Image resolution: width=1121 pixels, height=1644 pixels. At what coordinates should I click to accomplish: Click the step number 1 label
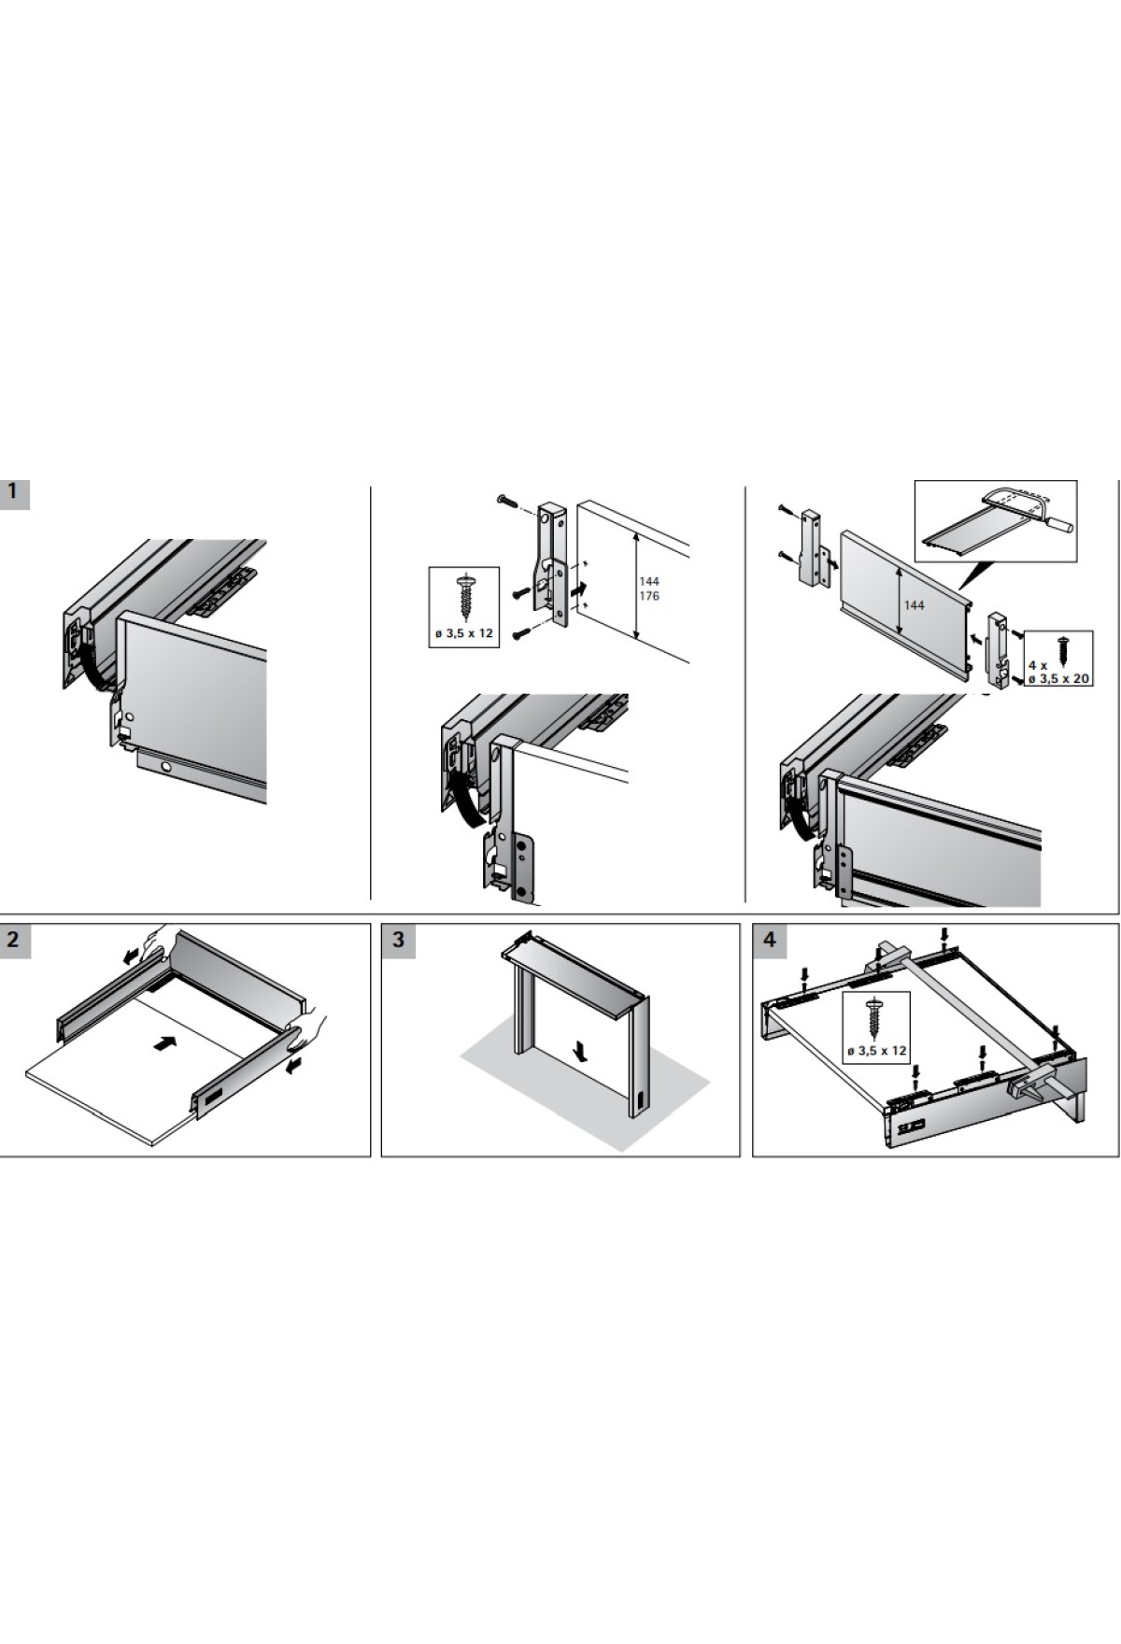pos(14,491)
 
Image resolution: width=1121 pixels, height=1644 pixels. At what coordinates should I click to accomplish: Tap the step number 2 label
pos(14,939)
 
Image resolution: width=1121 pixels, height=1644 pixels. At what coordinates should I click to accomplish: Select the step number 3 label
pos(399,939)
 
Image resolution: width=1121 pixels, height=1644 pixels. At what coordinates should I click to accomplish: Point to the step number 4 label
pos(770,939)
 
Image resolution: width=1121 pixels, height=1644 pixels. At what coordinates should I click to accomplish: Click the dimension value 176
pos(649,595)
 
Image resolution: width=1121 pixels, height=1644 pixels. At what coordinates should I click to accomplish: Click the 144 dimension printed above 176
pos(649,581)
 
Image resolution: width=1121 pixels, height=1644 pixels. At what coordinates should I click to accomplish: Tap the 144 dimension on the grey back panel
pos(914,605)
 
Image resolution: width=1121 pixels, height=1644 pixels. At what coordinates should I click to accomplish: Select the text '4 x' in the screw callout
pos(1038,665)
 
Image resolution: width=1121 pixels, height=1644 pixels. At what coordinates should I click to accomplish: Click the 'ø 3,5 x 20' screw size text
pos(1058,679)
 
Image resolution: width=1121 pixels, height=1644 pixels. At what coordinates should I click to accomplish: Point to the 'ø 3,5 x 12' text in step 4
pos(876,1051)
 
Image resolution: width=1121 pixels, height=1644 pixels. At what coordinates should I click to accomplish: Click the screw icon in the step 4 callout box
pos(875,1018)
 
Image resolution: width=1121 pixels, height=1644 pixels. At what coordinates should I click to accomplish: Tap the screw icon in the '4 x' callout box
pos(1063,647)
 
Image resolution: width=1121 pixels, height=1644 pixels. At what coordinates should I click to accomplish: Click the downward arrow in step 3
pos(582,1054)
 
